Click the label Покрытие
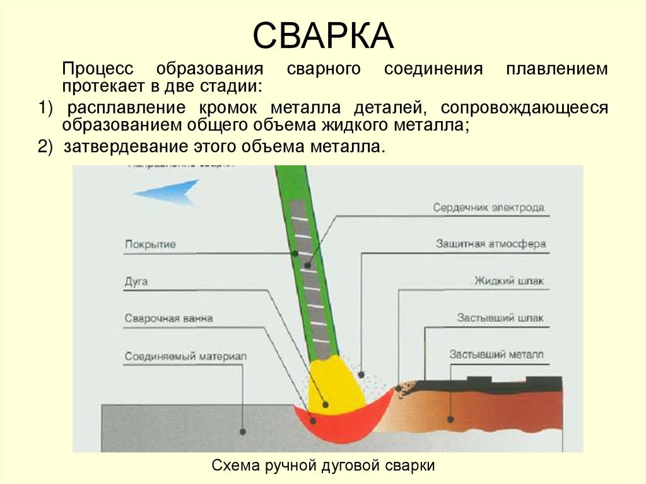point(150,244)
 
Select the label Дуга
point(136,281)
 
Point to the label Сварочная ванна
point(168,318)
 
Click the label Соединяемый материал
point(185,356)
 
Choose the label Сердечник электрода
point(488,208)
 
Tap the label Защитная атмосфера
point(490,244)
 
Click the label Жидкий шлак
point(508,281)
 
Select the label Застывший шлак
point(500,318)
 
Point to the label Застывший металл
point(496,355)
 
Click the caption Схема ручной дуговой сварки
point(323,466)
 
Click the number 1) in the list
point(46,108)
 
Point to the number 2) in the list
point(46,147)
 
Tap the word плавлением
point(557,69)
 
